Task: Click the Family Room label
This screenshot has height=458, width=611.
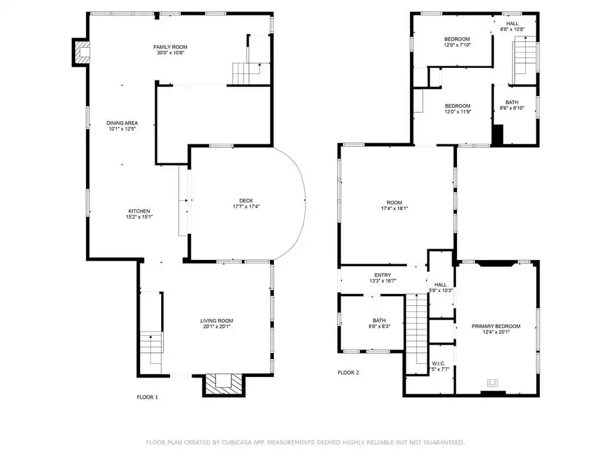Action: click(x=170, y=47)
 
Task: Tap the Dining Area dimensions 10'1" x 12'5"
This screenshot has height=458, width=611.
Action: click(x=122, y=129)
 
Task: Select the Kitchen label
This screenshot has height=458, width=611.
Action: click(x=139, y=211)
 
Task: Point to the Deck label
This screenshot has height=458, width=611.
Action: click(x=246, y=200)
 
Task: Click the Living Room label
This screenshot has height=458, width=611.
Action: click(x=217, y=321)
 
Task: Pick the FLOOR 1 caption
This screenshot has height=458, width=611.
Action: click(x=147, y=397)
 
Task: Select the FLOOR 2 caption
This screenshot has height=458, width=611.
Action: click(x=348, y=373)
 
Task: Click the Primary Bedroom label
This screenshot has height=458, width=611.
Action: click(x=496, y=326)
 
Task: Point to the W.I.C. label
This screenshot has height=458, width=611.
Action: click(x=439, y=364)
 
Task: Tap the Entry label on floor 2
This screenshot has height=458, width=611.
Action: click(x=382, y=275)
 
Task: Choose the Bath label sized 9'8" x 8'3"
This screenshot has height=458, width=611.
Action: click(x=379, y=320)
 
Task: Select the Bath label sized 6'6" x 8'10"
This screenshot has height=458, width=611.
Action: click(x=512, y=103)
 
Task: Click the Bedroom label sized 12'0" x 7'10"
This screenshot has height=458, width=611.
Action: click(x=457, y=39)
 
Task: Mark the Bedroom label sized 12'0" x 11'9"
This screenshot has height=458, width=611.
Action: click(x=458, y=106)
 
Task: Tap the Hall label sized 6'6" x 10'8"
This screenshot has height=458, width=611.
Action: click(x=513, y=24)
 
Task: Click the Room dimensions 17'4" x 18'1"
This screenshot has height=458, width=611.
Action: click(x=394, y=208)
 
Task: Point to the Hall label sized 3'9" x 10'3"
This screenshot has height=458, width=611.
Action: click(x=441, y=284)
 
